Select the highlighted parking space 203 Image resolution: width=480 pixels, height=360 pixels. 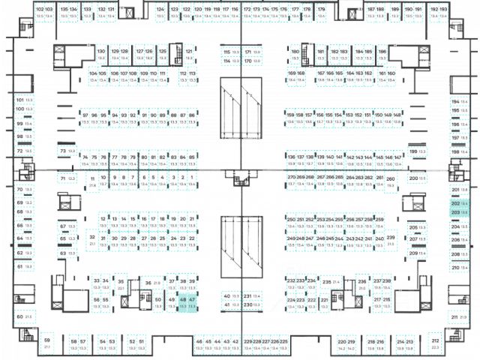(x=455, y=213)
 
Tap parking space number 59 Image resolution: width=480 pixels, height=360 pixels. (x=46, y=343)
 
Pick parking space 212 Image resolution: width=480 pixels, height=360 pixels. (x=435, y=343)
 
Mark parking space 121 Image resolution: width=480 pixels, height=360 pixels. (x=189, y=54)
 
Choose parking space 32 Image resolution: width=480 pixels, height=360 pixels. (x=92, y=240)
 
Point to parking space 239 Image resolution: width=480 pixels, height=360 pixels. (x=390, y=240)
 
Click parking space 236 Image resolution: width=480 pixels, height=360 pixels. (x=361, y=283)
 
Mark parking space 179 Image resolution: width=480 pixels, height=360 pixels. (x=321, y=12)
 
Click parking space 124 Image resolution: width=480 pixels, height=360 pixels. (x=160, y=12)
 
